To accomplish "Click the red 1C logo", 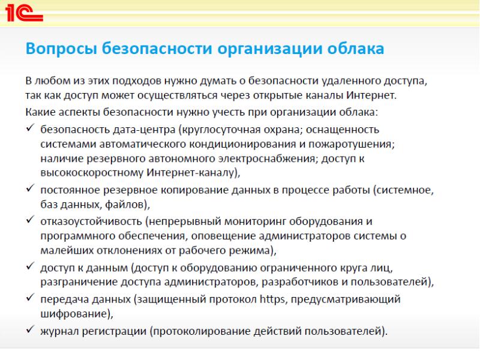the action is point(24,13).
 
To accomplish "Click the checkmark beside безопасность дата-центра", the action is point(31,128).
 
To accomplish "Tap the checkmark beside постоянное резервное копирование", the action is point(31,188).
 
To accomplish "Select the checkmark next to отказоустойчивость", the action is point(31,220).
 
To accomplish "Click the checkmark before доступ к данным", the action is point(31,266).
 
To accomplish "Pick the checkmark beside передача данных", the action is point(31,297).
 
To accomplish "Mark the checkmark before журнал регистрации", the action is point(31,329).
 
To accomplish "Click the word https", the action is point(272,299).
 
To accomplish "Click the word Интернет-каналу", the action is point(190,173).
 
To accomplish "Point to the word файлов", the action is point(125,204).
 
